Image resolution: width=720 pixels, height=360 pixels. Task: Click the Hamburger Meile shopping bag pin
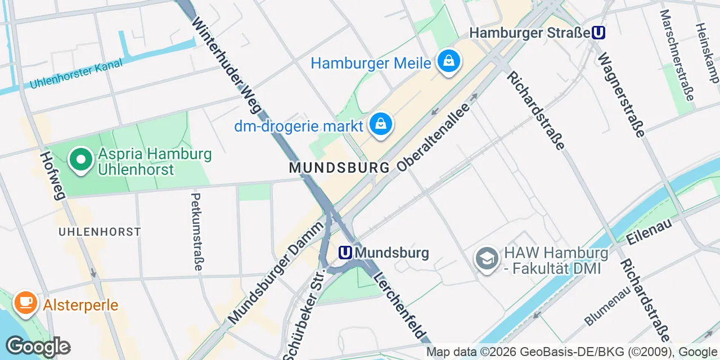(448, 62)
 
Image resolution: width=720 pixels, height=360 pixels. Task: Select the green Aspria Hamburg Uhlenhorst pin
(81, 160)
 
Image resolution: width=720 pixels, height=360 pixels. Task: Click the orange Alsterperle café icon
(25, 303)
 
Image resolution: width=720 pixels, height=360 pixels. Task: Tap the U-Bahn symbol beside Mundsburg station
(345, 253)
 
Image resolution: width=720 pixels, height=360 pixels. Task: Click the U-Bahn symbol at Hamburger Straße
(598, 33)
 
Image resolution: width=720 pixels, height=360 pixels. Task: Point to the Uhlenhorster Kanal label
(75, 74)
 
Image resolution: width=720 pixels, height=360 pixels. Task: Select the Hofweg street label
(53, 175)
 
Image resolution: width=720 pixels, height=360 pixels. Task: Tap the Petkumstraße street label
(196, 231)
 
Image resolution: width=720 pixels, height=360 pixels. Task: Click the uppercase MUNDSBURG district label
(339, 168)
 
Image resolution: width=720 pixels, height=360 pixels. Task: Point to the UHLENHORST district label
(100, 232)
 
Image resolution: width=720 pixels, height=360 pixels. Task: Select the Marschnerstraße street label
(676, 55)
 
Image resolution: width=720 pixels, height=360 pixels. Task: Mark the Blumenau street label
(607, 306)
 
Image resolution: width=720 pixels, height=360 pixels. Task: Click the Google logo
(38, 346)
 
